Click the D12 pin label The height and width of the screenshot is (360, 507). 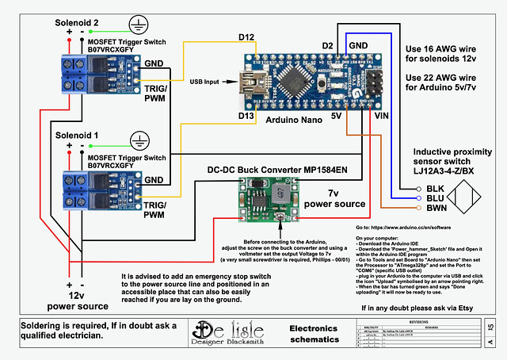(246, 37)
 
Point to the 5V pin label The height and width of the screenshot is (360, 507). (336, 116)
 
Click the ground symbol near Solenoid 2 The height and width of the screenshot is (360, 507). (140, 24)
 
